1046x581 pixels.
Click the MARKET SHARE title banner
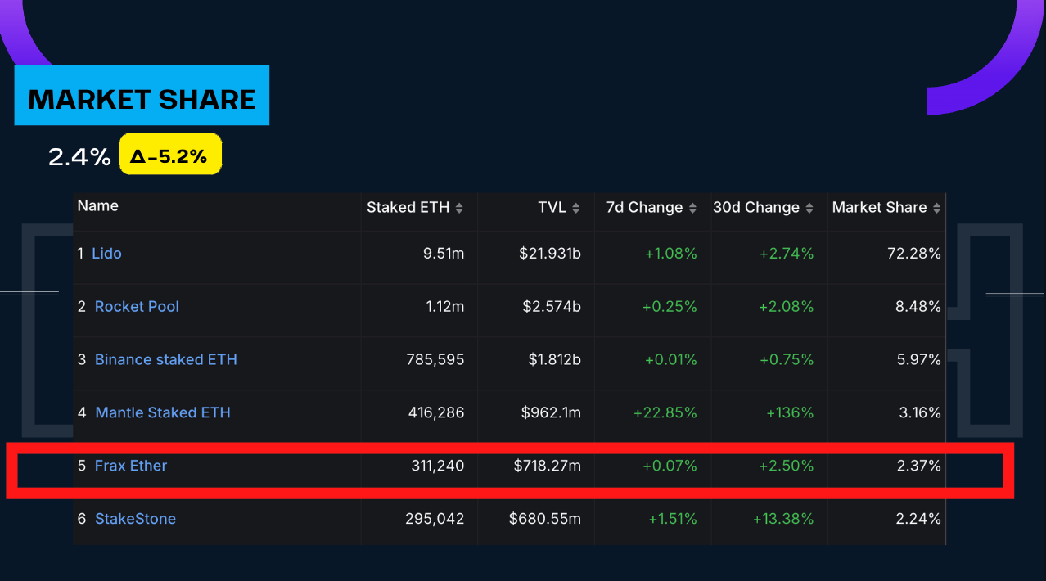coord(142,99)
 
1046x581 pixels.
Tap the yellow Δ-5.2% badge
coord(170,155)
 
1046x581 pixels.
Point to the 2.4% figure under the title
coord(79,156)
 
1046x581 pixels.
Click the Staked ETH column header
coord(408,208)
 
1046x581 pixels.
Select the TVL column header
coord(552,208)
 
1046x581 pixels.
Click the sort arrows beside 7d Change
coord(692,209)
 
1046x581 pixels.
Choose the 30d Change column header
coord(755,208)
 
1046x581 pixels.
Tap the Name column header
coord(98,206)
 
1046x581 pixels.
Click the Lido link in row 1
coord(106,254)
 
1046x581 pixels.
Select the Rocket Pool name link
coord(137,307)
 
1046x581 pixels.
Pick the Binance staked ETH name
coord(166,360)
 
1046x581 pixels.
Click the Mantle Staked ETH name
coord(163,413)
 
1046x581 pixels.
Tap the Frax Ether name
coord(131,466)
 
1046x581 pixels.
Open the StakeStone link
coord(135,519)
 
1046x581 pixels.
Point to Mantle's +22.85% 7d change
coord(665,413)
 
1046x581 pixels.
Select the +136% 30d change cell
coord(790,413)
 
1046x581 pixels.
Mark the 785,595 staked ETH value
coord(435,360)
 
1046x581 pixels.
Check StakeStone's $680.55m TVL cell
coord(544,519)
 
